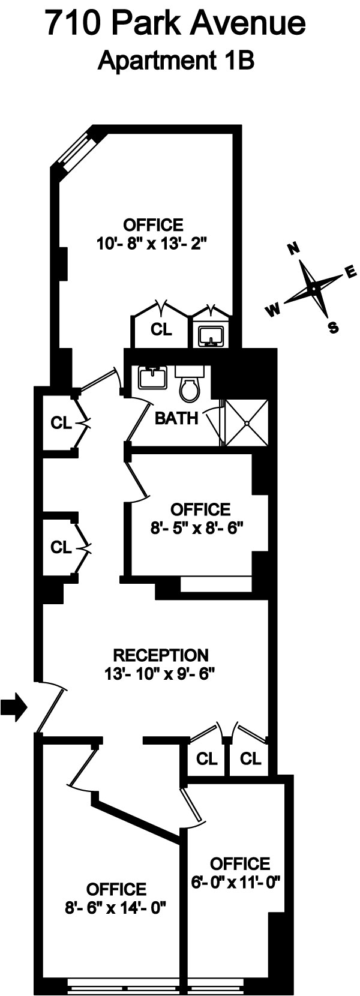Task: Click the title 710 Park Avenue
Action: coord(176,25)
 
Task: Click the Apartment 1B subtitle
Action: coord(176,61)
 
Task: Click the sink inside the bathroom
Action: coord(152,379)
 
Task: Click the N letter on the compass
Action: coord(294,250)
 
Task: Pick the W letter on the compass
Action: coord(274,309)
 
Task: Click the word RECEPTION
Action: coord(161,655)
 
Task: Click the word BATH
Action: coord(176,418)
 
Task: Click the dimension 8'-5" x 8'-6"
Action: coord(200,528)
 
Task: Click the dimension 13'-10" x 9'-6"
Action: coord(161,673)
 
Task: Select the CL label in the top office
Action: coord(160,329)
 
